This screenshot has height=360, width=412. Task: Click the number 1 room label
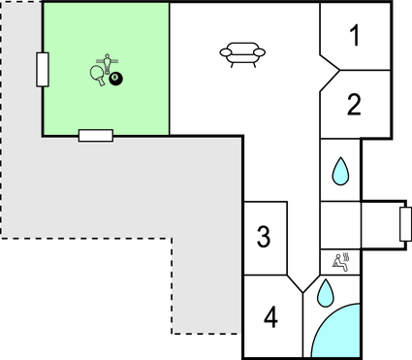pyautogui.click(x=355, y=37)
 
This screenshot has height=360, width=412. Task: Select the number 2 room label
pyautogui.click(x=355, y=104)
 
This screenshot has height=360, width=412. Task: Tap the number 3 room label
pyautogui.click(x=263, y=236)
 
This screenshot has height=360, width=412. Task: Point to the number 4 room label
pyautogui.click(x=270, y=316)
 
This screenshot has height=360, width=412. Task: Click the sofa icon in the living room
pyautogui.click(x=239, y=54)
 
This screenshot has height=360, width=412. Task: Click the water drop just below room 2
pyautogui.click(x=340, y=172)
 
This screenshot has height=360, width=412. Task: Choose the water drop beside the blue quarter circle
pyautogui.click(x=326, y=289)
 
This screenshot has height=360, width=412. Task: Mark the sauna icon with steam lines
pyautogui.click(x=341, y=260)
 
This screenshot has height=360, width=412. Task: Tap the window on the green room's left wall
pyautogui.click(x=42, y=70)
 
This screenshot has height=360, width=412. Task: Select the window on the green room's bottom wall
pyautogui.click(x=95, y=135)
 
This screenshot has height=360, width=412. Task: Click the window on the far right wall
pyautogui.click(x=404, y=224)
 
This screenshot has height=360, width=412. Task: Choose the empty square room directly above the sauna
pyautogui.click(x=340, y=224)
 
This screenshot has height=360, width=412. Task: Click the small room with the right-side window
pyautogui.click(x=380, y=224)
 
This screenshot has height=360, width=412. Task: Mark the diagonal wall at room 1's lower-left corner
pyautogui.click(x=329, y=62)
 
